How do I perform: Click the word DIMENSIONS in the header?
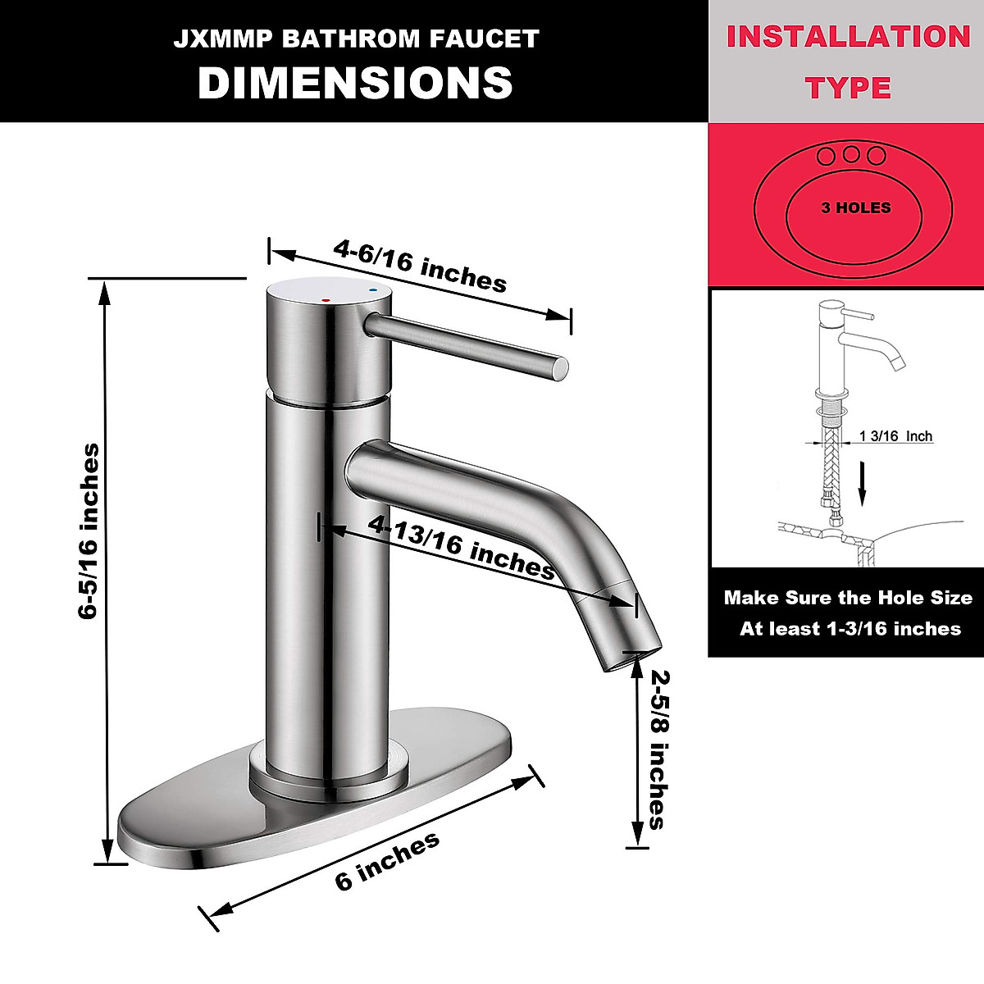click(x=355, y=83)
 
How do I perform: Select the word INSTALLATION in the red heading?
click(x=848, y=37)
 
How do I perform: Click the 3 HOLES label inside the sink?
click(x=855, y=208)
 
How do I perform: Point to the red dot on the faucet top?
click(x=326, y=301)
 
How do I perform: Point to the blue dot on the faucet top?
click(x=373, y=290)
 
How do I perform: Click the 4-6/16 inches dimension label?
click(x=420, y=266)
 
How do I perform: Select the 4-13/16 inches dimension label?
click(x=462, y=546)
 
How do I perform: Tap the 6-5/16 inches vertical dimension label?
click(x=89, y=531)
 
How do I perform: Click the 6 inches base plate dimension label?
click(x=387, y=861)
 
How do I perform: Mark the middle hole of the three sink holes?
click(x=851, y=155)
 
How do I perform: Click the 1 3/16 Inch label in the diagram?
click(x=895, y=436)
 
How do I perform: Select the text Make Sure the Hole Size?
click(x=848, y=598)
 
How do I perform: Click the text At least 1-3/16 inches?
click(x=850, y=629)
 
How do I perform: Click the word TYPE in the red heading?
click(x=848, y=88)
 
